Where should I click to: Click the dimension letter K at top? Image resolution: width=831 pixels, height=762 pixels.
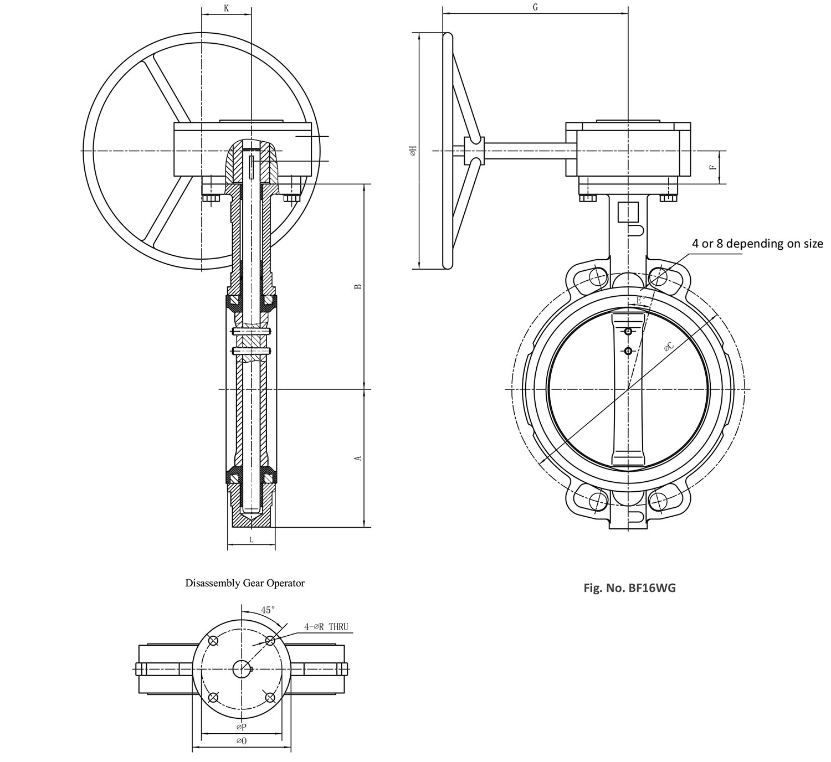[226, 8]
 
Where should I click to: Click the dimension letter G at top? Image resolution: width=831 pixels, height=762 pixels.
[535, 7]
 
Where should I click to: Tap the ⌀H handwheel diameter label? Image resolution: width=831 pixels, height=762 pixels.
[412, 151]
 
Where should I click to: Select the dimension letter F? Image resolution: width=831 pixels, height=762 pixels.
[714, 166]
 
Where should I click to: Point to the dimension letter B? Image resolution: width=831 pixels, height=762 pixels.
[358, 286]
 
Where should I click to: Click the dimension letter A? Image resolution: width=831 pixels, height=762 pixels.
[358, 458]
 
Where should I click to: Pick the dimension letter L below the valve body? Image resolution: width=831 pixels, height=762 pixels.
[251, 539]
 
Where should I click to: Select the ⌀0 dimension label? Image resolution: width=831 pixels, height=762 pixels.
[241, 740]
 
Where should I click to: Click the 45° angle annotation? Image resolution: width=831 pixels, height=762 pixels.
[268, 610]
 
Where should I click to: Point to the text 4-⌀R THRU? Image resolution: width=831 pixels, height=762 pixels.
[326, 627]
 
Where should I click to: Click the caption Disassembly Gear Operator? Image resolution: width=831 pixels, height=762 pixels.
[245, 583]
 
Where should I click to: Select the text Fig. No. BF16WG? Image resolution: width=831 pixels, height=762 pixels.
[629, 588]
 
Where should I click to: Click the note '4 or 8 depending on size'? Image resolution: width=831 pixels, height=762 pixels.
[757, 244]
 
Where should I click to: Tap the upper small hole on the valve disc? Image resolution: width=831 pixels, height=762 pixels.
[628, 332]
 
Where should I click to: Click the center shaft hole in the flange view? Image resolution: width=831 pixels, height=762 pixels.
[241, 669]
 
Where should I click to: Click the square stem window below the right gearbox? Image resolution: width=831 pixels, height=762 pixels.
[628, 211]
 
